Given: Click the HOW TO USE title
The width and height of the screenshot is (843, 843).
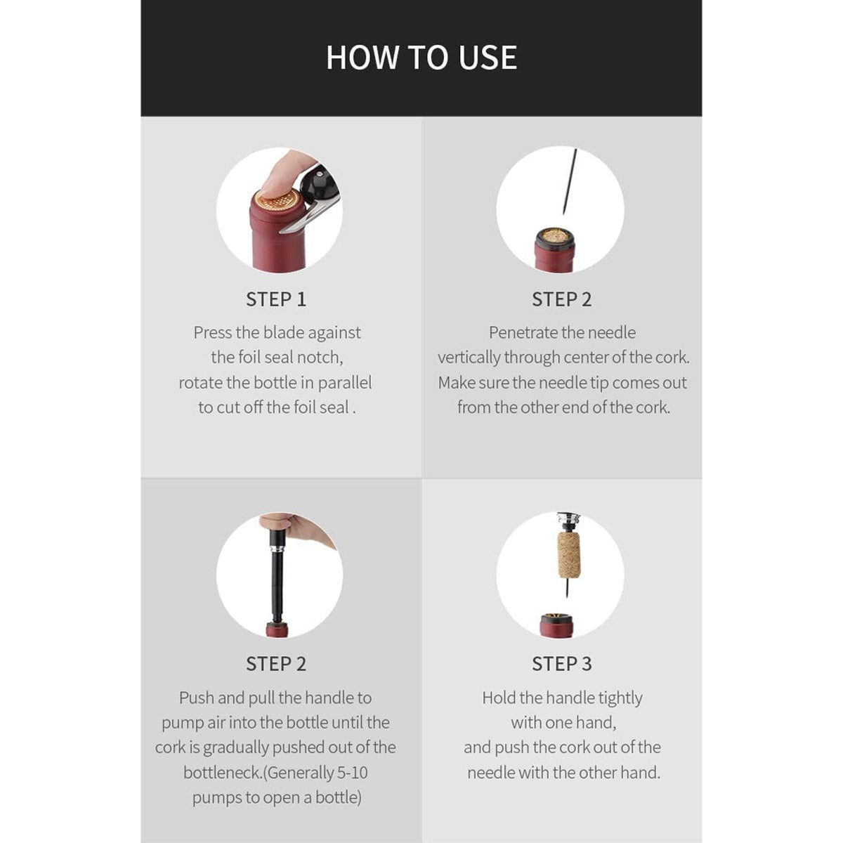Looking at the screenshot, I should (x=421, y=58).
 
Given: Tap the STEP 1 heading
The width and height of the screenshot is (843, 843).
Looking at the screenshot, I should (x=276, y=299).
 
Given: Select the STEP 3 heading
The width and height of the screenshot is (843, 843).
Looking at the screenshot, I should (x=561, y=664).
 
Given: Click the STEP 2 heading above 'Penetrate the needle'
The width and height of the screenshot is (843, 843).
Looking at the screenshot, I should (x=561, y=299).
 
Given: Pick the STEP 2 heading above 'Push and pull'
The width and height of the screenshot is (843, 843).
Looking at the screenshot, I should (x=276, y=664).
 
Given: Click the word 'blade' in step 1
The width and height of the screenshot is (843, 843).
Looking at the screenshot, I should (x=283, y=333).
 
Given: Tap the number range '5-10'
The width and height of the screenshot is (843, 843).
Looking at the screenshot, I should (x=352, y=773).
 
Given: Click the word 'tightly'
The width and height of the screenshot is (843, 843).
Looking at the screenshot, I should (x=620, y=698).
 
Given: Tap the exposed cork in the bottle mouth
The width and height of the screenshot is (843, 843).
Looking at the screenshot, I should (x=555, y=237).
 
